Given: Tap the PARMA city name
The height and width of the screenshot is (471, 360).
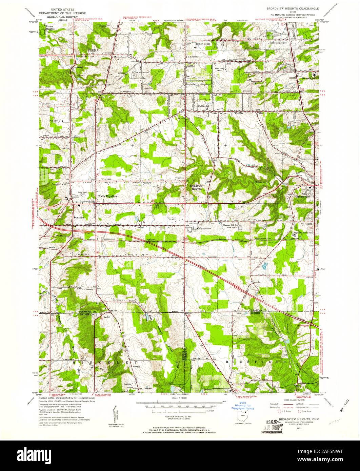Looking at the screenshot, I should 93,50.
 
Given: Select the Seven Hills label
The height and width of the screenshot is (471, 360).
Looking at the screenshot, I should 203,44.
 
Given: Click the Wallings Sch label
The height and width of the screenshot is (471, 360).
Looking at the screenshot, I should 204,106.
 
